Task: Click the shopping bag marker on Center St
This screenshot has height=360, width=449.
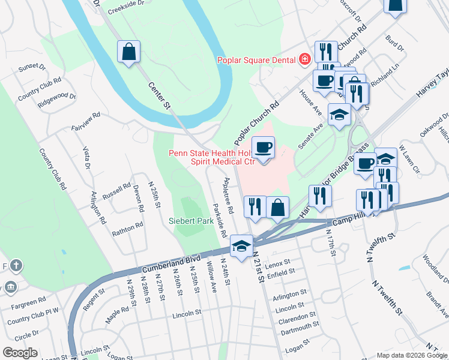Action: click(x=129, y=52)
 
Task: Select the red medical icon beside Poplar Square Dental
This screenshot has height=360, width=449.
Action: click(x=305, y=59)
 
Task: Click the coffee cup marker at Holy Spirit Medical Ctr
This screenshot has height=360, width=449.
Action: click(x=262, y=147)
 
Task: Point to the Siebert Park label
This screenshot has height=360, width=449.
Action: click(x=191, y=221)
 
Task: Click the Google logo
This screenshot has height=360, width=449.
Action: click(x=20, y=352)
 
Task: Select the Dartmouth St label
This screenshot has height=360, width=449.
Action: click(x=298, y=326)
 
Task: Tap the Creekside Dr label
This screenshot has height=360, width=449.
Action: click(x=126, y=11)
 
